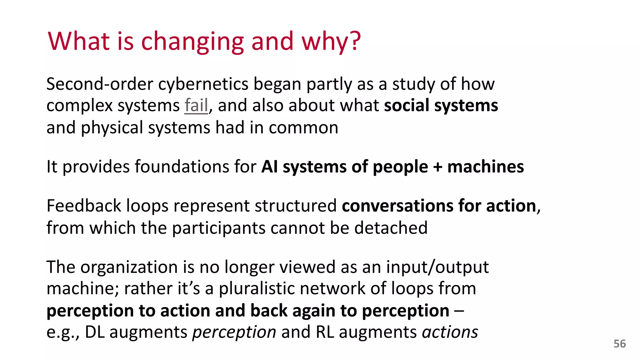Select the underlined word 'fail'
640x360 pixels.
196,106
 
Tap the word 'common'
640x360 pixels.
303,128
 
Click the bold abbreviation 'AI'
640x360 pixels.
269,167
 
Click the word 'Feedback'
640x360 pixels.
84,206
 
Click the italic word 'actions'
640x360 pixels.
450,332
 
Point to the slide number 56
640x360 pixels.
620,344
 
